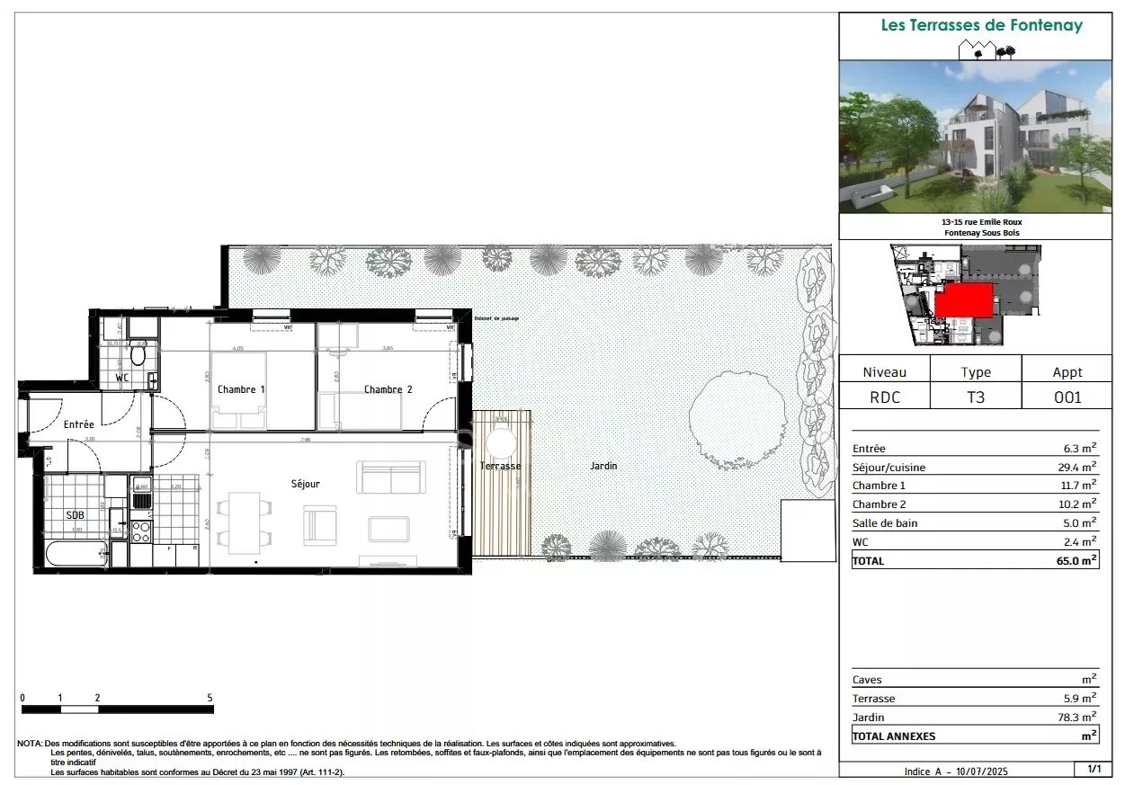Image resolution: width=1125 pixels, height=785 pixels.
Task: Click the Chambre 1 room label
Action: pyautogui.click(x=241, y=389)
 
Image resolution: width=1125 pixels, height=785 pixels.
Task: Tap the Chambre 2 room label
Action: pyautogui.click(x=388, y=389)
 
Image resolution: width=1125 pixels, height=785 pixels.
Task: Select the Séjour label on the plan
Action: pyautogui.click(x=305, y=484)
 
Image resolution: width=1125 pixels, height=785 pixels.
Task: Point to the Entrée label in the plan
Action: pyautogui.click(x=78, y=424)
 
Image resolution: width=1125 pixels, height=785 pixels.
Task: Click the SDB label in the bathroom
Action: pyautogui.click(x=75, y=515)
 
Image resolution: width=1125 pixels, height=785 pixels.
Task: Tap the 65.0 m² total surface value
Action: pyautogui.click(x=1076, y=560)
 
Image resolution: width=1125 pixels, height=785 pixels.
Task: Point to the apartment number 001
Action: pyautogui.click(x=1067, y=397)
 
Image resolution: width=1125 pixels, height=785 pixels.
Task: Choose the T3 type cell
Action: pyautogui.click(x=975, y=397)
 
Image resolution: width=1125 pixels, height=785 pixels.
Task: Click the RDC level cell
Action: pyautogui.click(x=884, y=397)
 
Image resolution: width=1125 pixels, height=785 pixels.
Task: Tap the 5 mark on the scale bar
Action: pyautogui.click(x=210, y=698)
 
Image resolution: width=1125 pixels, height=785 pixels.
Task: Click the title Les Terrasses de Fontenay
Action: pyautogui.click(x=981, y=25)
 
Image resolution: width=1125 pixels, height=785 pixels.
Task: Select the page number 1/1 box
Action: pyautogui.click(x=1094, y=769)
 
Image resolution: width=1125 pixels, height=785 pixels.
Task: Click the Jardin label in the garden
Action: pyautogui.click(x=603, y=466)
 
